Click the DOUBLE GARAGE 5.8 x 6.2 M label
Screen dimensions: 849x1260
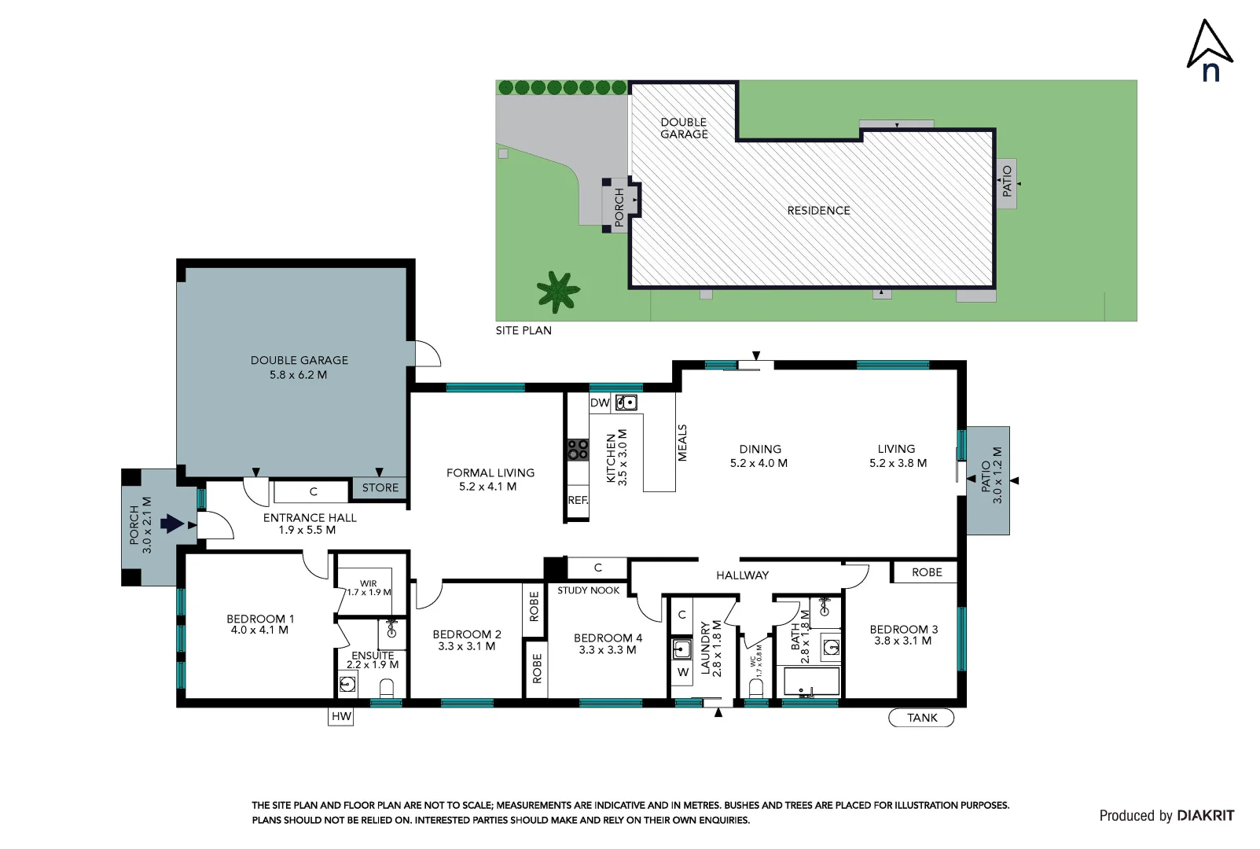299,367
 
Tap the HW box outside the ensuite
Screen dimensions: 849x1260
340,716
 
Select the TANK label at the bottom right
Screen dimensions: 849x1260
921,718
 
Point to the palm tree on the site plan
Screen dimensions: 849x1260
557,292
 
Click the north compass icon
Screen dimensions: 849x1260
1209,50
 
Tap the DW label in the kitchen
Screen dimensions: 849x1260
599,402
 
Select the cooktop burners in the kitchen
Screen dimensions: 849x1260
578,450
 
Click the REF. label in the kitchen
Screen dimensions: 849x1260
578,500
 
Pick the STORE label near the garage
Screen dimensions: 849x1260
380,487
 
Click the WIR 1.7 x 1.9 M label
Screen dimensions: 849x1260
369,588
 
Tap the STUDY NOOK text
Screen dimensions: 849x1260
588,590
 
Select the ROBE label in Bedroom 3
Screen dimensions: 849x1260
926,572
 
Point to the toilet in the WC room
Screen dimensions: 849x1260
756,688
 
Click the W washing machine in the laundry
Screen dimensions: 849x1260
682,672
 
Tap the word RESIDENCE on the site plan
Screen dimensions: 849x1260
818,211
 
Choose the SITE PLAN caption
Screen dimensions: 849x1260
523,330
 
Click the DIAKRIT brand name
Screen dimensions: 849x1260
1205,815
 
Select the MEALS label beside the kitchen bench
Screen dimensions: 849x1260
682,443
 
